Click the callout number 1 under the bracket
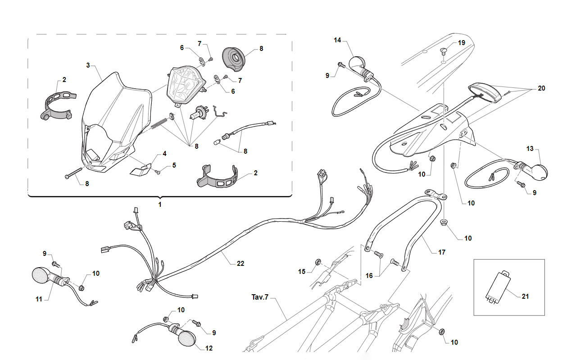160,204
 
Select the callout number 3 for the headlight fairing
88,65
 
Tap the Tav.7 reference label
260,297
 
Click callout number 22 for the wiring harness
240,264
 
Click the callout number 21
525,296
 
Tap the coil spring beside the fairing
159,123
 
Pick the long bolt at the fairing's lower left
73,173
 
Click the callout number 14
337,40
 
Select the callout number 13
530,149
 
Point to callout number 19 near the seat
462,43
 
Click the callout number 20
541,88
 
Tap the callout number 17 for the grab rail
442,252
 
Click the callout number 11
39,299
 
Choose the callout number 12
209,348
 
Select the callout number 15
302,272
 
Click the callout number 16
369,276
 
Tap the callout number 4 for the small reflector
164,154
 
